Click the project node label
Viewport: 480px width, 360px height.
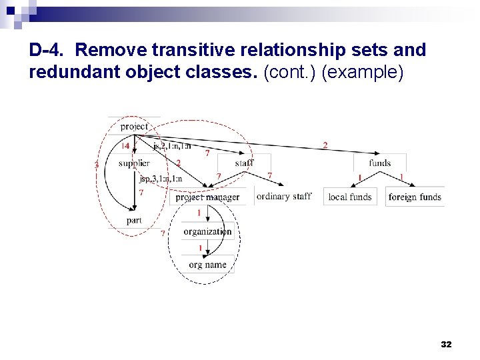[134, 126]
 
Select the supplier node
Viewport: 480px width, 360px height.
[133, 163]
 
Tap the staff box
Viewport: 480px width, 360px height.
[244, 163]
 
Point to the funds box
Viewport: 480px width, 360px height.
[379, 163]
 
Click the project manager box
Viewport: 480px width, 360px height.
[207, 197]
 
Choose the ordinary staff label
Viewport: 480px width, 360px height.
[283, 196]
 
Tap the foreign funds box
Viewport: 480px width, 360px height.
[415, 197]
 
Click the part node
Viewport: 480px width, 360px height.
[134, 220]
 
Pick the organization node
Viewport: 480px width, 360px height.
[207, 231]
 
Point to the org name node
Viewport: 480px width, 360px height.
[207, 265]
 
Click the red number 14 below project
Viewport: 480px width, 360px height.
[125, 146]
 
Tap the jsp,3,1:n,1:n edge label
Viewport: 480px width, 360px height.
[161, 179]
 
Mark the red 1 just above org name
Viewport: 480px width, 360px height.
[200, 248]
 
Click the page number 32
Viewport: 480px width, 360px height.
[446, 344]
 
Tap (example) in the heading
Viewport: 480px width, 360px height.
[362, 72]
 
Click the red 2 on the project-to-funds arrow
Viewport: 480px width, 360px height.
[325, 145]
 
